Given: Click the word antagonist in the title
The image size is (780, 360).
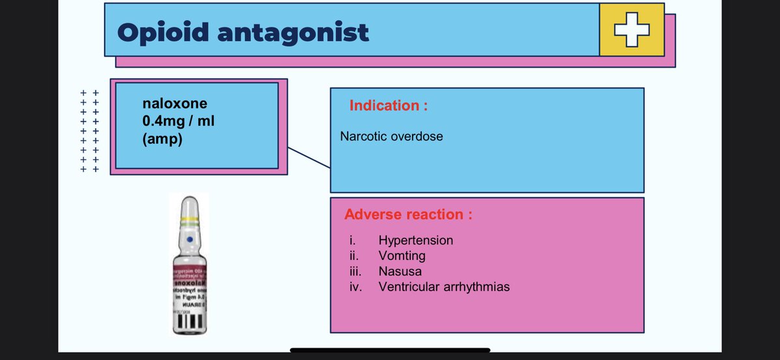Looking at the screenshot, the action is (292, 32).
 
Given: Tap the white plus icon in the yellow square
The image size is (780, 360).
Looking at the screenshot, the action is (632, 30).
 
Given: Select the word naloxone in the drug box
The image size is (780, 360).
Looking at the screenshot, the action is (175, 103).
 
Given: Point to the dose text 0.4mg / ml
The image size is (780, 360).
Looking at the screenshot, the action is (178, 122).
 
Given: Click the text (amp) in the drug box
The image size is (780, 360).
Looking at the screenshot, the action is (162, 140).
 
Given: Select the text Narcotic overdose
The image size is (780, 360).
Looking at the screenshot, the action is (391, 137).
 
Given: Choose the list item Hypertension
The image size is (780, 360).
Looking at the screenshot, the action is (415, 240).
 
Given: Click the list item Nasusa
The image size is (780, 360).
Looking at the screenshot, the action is (400, 271).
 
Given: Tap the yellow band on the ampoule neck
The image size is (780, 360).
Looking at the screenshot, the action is (188, 220).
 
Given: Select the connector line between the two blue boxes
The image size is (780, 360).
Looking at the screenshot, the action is (309, 158).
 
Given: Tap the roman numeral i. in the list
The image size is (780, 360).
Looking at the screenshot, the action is (351, 240).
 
